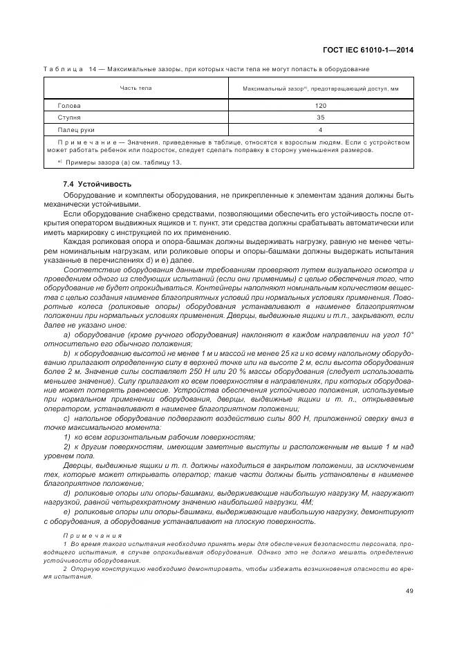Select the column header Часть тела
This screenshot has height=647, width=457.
pos(136,88)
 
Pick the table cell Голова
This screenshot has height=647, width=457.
pos(69,106)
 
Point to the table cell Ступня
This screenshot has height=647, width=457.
pos(69,118)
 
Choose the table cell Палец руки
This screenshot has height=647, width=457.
pos(76,129)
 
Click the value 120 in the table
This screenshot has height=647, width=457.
pos(320,106)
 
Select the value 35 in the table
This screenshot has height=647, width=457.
pos(320,118)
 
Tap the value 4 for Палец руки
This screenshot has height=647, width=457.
pos(320,129)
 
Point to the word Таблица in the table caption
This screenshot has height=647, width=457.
pos(64,69)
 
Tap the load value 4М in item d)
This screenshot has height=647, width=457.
pos(306,503)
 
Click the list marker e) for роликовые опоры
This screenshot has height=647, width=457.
pos(67,512)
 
